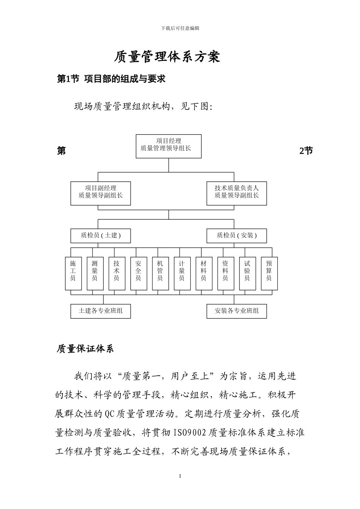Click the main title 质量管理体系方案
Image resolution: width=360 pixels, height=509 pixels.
coord(167,57)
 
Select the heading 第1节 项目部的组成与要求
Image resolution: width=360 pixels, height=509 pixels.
coord(111,79)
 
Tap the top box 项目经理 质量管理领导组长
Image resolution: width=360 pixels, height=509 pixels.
coord(169,146)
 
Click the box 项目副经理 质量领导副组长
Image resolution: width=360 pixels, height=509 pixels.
coord(100,193)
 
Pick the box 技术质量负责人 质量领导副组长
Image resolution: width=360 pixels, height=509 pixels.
coord(236,193)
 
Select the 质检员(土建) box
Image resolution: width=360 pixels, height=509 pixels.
coord(100,236)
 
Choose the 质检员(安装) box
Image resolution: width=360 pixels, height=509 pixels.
coord(236,236)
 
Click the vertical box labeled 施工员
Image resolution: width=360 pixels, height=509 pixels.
coord(73,273)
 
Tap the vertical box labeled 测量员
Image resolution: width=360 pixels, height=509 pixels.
coord(95,273)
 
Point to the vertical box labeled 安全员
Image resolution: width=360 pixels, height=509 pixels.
coord(138,273)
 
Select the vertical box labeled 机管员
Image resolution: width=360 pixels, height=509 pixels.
coord(160,273)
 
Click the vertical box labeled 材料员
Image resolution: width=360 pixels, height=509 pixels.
coord(203,273)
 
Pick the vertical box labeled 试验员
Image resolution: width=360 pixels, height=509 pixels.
coord(247,273)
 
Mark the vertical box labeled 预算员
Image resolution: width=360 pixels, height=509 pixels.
coord(269,273)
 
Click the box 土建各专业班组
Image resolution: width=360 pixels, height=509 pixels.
coord(100,311)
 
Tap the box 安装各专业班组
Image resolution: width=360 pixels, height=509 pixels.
coord(236,311)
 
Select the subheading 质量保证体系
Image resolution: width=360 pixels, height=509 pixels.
coord(85,349)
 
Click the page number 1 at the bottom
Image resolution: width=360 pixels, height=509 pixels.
coord(180,476)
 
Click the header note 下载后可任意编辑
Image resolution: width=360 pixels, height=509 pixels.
coord(180,28)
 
